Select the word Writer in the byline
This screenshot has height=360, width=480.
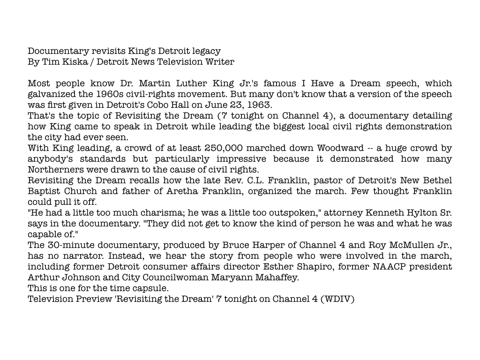(x=220, y=62)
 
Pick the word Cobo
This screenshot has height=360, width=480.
(x=191, y=105)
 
